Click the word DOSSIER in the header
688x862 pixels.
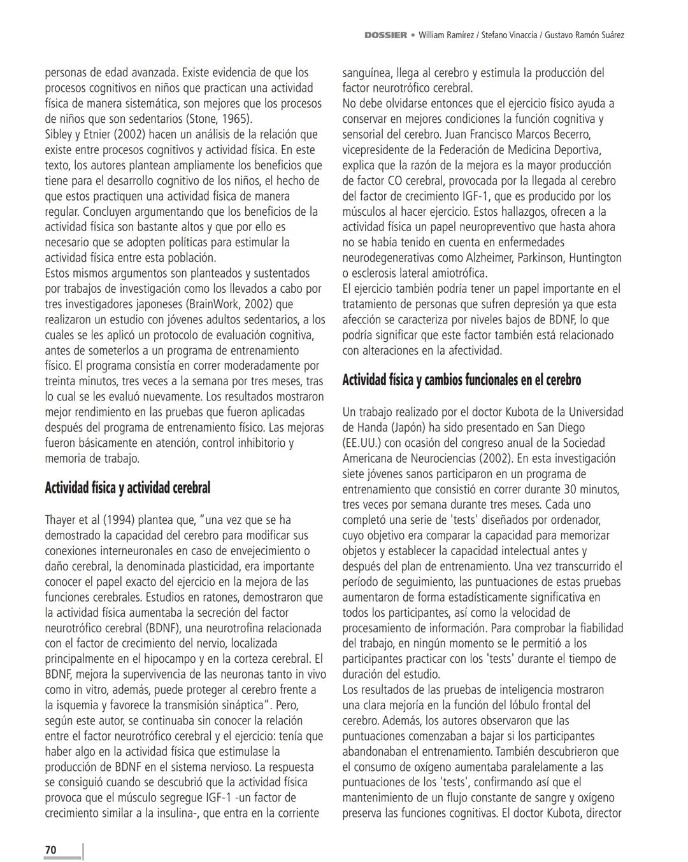(385, 35)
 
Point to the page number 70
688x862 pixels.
(50, 850)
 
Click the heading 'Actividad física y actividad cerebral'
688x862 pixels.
(127, 488)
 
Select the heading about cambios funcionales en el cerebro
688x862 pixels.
(462, 380)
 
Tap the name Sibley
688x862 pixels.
(59, 134)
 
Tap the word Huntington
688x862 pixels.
(595, 258)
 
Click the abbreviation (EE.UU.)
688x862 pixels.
(365, 443)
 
